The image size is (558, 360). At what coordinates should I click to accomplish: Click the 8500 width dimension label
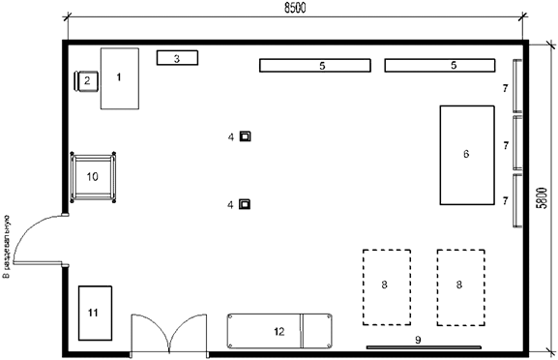click(x=295, y=7)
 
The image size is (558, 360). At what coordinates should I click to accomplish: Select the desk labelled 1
click(x=119, y=77)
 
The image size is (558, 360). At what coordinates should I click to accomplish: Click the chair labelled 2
click(x=86, y=81)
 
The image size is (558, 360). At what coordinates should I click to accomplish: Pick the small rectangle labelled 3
click(x=177, y=58)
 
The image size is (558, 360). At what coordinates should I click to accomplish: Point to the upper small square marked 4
click(x=246, y=136)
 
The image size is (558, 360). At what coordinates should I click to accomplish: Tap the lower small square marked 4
click(x=246, y=203)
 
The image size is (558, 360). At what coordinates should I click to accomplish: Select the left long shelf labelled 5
click(x=315, y=65)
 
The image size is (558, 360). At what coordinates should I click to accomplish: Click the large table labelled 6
click(x=468, y=154)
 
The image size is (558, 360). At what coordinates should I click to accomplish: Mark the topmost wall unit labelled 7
click(x=516, y=87)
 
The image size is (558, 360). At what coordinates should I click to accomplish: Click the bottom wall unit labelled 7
click(x=516, y=200)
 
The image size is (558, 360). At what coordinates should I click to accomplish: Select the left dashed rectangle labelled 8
click(x=386, y=286)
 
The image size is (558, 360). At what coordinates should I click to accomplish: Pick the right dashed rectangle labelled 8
click(x=460, y=286)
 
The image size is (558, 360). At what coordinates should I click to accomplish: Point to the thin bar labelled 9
click(x=425, y=346)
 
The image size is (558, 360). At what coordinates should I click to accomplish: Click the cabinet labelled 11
click(x=94, y=312)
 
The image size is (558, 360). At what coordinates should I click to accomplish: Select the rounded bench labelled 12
click(x=279, y=331)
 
